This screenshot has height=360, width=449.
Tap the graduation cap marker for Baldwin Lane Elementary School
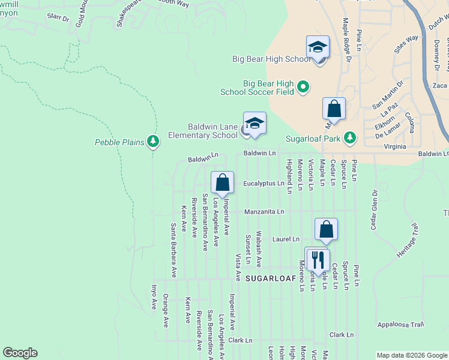click(255, 123)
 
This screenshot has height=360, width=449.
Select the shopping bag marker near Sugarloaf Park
click(334, 109)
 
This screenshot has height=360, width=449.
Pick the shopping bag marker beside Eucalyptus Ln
click(222, 182)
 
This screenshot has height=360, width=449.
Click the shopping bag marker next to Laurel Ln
click(326, 229)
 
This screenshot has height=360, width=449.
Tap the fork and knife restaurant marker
click(316, 259)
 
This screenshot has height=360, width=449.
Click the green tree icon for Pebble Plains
click(154, 142)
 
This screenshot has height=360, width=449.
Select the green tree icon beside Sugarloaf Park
click(351, 138)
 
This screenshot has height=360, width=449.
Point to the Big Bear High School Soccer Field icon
click(303, 88)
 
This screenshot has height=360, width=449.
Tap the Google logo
click(20, 353)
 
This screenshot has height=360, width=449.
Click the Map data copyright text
click(411, 355)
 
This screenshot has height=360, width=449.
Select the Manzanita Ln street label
click(264, 212)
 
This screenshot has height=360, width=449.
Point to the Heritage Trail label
click(406, 241)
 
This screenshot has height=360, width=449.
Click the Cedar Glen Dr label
click(373, 210)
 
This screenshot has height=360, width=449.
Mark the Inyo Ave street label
click(154, 296)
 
